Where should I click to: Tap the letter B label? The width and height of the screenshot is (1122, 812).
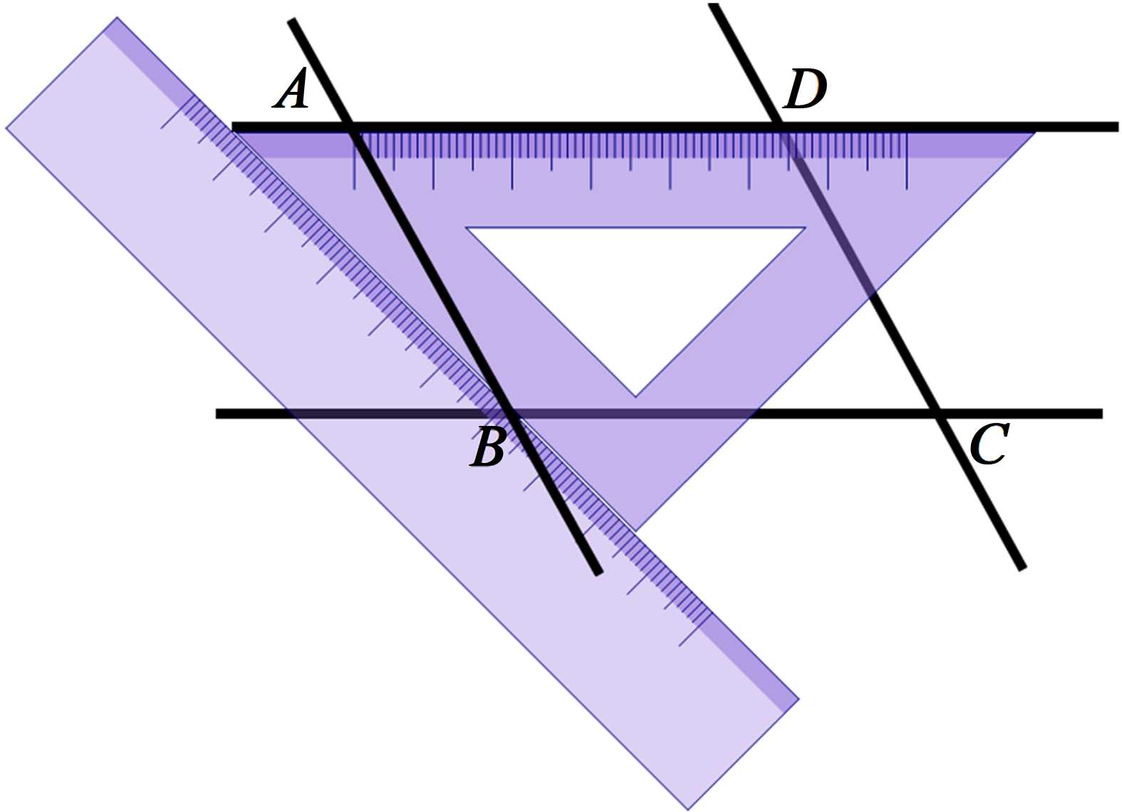pyautogui.click(x=488, y=447)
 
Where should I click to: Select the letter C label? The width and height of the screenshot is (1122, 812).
pyautogui.click(x=989, y=443)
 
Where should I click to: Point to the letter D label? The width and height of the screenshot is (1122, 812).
pyautogui.click(x=805, y=90)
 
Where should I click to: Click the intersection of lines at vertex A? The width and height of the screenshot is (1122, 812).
pyautogui.click(x=350, y=127)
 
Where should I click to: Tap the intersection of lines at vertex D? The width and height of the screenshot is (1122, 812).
pyautogui.click(x=781, y=127)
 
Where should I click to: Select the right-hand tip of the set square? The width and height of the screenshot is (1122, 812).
pyautogui.click(x=1034, y=132)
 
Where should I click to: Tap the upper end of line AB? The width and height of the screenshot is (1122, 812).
pyautogui.click(x=291, y=21)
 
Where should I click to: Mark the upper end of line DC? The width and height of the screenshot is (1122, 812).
pyautogui.click(x=713, y=6)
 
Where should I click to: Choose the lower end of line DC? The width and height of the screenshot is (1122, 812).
pyautogui.click(x=1023, y=568)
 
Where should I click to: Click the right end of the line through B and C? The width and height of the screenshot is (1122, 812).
pyautogui.click(x=1101, y=413)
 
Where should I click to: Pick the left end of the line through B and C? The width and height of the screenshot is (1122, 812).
pyautogui.click(x=217, y=413)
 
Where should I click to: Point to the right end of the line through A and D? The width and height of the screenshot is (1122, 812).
pyautogui.click(x=1117, y=127)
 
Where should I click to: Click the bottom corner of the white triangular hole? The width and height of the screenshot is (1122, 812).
pyautogui.click(x=635, y=396)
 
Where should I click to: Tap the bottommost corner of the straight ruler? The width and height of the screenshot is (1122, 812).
pyautogui.click(x=688, y=809)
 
